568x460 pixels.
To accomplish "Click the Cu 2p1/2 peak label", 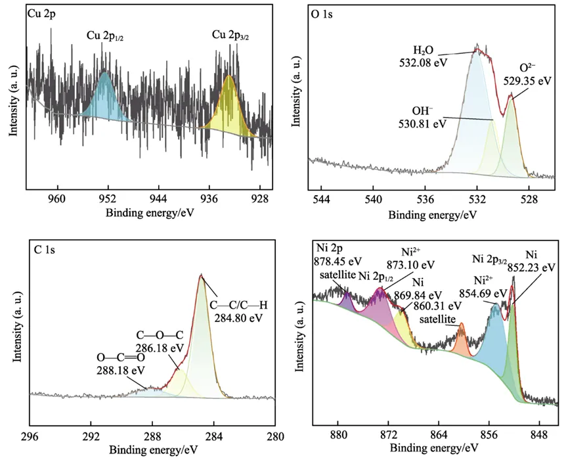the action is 104,36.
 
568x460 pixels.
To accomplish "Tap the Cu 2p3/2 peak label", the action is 230,35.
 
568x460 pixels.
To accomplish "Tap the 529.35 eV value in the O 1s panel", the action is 527,80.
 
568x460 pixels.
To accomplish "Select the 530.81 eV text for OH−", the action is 422,124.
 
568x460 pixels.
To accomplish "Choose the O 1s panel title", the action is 322,14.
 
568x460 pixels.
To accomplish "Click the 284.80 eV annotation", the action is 238,318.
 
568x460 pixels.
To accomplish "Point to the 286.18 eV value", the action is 160,348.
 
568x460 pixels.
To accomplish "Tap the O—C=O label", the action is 121,357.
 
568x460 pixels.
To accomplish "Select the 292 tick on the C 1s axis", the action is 91,436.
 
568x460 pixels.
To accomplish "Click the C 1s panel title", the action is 44,250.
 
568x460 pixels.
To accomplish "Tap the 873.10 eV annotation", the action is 411,265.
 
